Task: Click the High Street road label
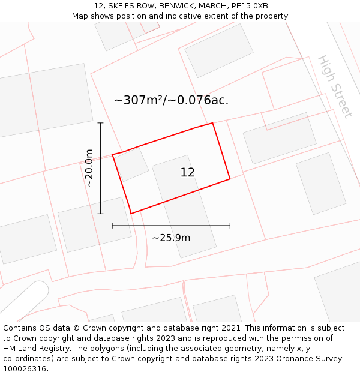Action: tap(334, 86)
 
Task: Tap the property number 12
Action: tap(187, 173)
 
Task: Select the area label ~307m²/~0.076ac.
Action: tap(171, 100)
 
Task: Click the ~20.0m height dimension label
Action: tap(89, 168)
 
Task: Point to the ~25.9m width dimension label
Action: tap(171, 238)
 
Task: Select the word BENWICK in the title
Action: tap(178, 6)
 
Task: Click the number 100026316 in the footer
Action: tap(25, 368)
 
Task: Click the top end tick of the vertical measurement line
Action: tap(101, 123)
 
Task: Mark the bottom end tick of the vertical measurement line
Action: tap(101, 214)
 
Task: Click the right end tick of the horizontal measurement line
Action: tap(230, 226)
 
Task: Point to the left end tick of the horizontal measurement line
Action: tap(112, 226)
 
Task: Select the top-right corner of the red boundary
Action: tap(212, 123)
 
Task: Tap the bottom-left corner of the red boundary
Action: tap(131, 214)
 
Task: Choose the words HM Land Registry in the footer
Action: tap(32, 348)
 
